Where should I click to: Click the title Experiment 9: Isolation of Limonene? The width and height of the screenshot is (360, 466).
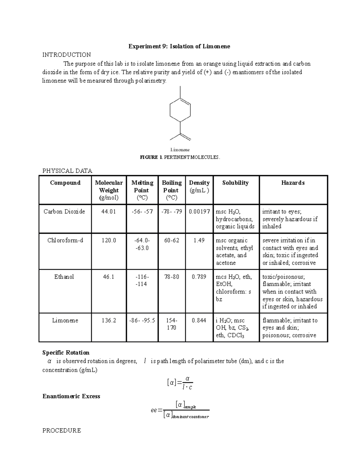coord(179,46)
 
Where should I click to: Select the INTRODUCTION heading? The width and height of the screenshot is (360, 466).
coord(67,55)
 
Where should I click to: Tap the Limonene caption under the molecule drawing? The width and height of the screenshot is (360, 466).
coord(180,149)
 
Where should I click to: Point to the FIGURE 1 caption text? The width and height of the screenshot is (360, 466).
coord(180,157)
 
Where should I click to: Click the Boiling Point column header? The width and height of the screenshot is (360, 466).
coord(172,190)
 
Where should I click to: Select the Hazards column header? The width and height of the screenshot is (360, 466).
coord(293,183)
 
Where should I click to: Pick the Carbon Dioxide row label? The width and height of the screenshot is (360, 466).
coord(64,212)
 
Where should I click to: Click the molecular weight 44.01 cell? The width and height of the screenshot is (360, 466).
coord(109,212)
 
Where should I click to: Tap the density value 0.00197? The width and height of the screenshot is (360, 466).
coord(199,212)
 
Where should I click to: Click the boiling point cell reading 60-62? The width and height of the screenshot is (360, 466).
coord(172,240)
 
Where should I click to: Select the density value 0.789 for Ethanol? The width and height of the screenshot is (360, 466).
coord(199,277)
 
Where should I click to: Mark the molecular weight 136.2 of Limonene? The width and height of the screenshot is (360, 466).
coord(109,320)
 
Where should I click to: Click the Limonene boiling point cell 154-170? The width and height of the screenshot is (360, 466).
coord(172,324)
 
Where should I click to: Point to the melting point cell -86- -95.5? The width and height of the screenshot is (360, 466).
coord(142,320)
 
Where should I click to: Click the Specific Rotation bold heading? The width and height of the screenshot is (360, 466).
coord(66,353)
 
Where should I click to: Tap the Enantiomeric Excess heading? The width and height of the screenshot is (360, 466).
coord(71,396)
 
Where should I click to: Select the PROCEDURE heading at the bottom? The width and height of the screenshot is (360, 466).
coord(62,431)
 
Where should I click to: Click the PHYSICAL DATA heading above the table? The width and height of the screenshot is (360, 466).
coord(67,171)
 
